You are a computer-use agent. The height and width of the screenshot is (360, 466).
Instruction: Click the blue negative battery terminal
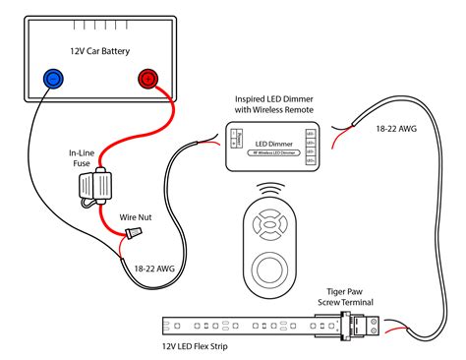(x=52, y=78)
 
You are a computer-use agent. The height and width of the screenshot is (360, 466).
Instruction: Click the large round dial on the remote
(x=271, y=266)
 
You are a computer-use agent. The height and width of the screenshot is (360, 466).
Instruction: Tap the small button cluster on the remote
(x=271, y=225)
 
